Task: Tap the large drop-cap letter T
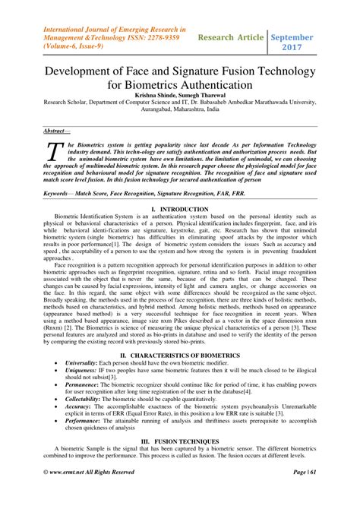(55, 153)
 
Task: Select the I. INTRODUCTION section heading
(179, 208)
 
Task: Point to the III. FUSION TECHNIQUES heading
(179, 439)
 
